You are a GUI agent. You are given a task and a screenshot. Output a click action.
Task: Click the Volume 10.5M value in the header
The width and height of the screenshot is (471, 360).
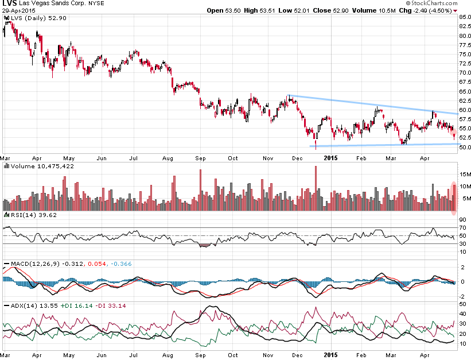click(365, 10)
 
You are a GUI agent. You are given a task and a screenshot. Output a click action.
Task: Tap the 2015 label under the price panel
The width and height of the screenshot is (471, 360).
click(329, 156)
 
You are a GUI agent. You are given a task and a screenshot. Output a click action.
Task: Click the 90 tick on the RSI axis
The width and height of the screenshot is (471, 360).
click(462, 219)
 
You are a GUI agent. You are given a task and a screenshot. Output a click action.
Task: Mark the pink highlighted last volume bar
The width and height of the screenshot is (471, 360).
click(454, 199)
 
